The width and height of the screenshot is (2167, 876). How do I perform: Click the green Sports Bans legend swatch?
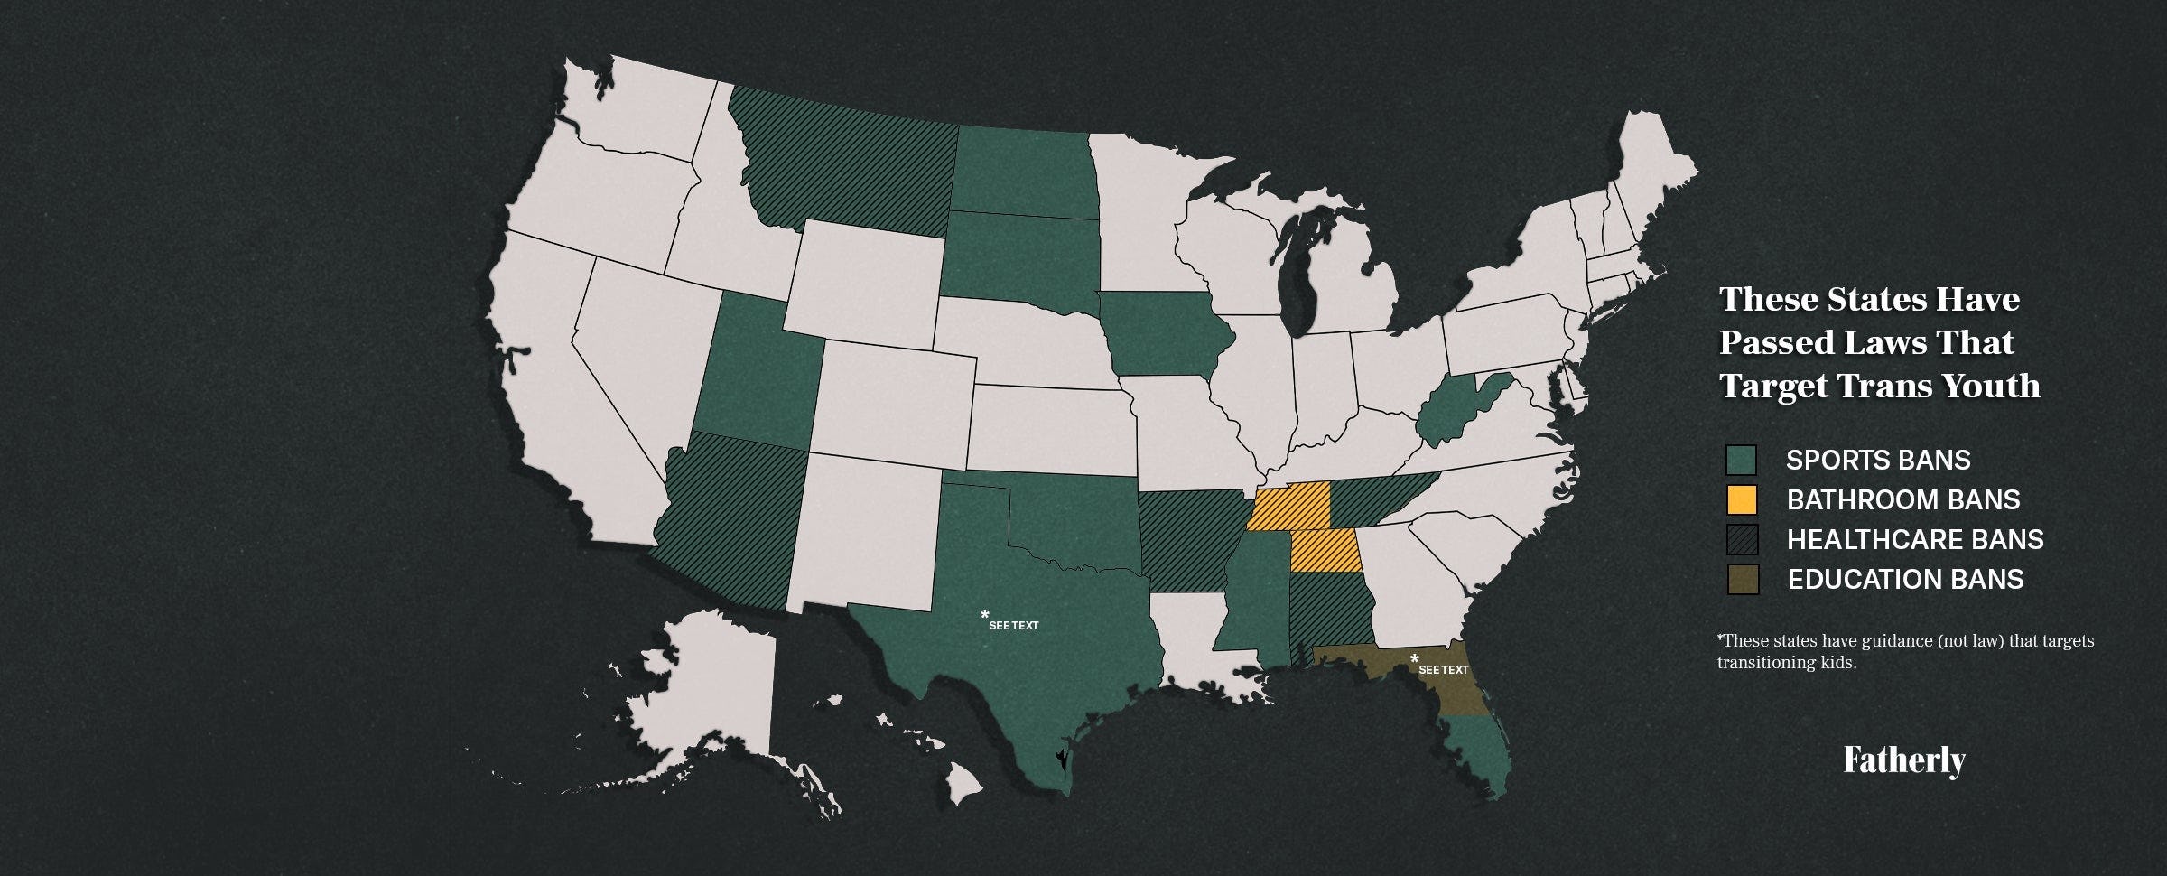tap(1741, 460)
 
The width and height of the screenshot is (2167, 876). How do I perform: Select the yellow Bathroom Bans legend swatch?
tap(1741, 499)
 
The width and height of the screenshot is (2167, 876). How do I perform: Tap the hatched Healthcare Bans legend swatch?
tap(1742, 539)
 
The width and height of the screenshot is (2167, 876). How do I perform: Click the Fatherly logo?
tap(1903, 761)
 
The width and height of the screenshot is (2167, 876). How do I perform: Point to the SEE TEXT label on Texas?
tap(1012, 625)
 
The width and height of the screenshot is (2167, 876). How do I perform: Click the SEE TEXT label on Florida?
tap(1443, 669)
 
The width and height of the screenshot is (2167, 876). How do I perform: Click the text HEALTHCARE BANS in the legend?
tap(1915, 539)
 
